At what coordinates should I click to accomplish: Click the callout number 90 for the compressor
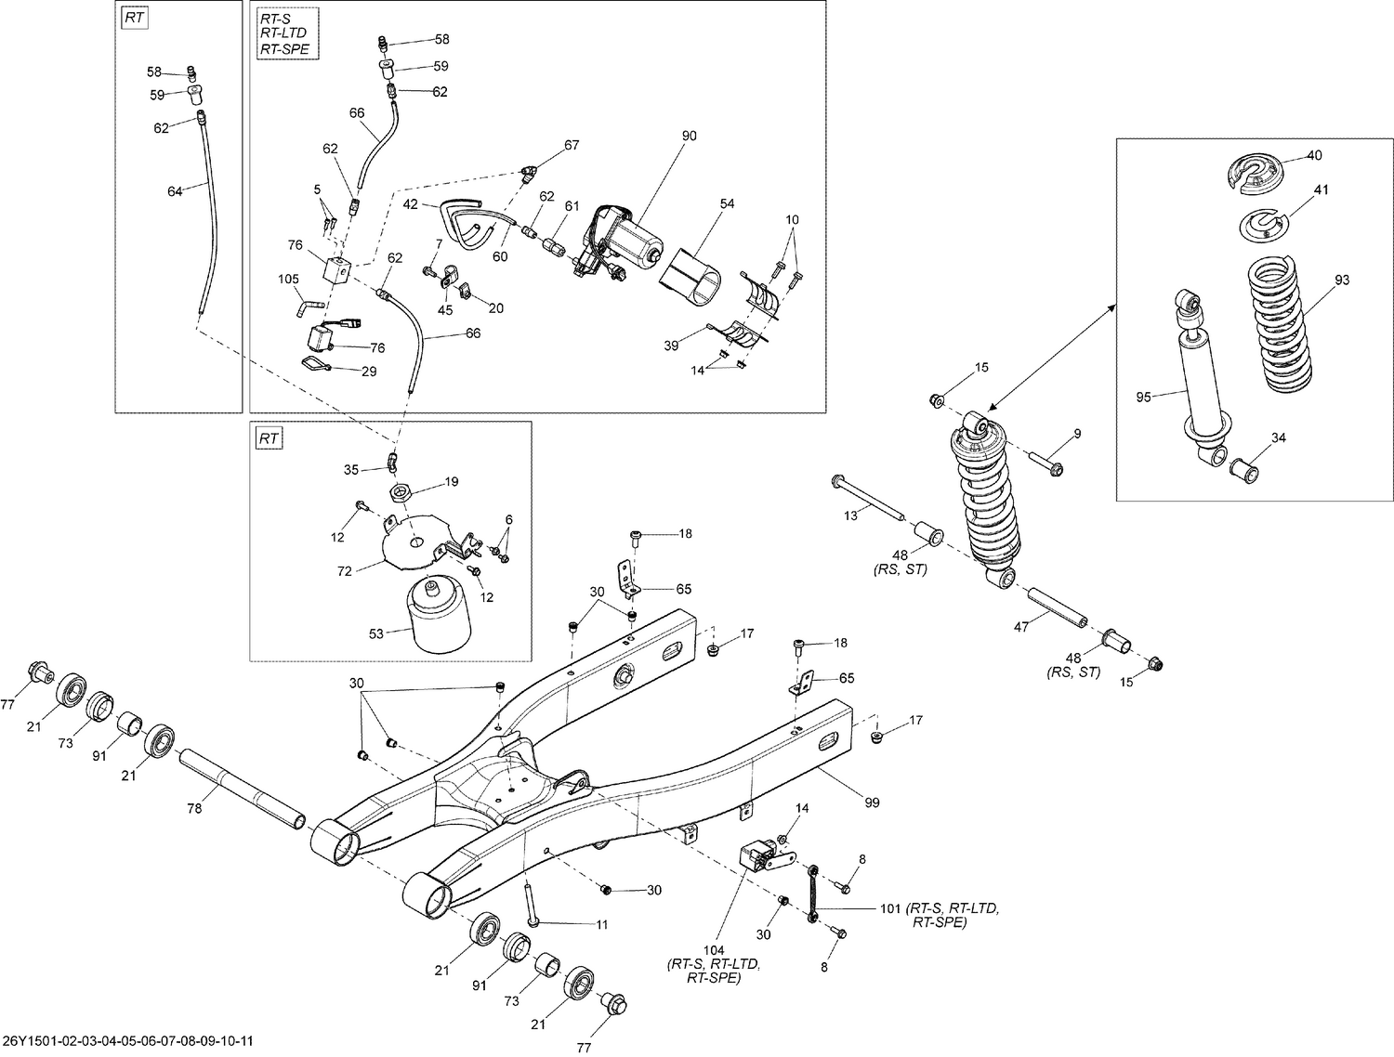689,136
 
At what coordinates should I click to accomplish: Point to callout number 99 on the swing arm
872,803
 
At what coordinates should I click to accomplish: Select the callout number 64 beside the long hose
175,191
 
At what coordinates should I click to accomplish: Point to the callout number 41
1322,189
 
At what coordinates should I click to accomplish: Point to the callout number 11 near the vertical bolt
601,924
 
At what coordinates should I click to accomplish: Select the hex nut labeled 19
401,490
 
